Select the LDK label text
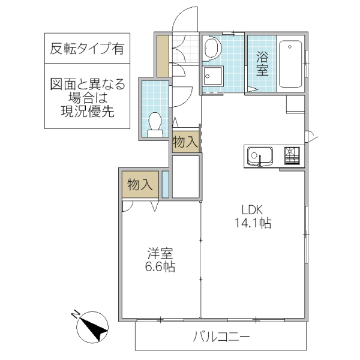tap(253, 210)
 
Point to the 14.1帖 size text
tap(253, 224)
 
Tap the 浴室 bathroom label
tap(262, 64)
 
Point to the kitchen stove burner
tap(292, 156)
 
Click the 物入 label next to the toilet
tap(185, 142)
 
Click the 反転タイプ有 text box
tap(88, 49)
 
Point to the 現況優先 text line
tap(88, 111)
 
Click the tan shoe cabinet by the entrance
tap(163, 55)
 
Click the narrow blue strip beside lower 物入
tap(165, 184)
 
